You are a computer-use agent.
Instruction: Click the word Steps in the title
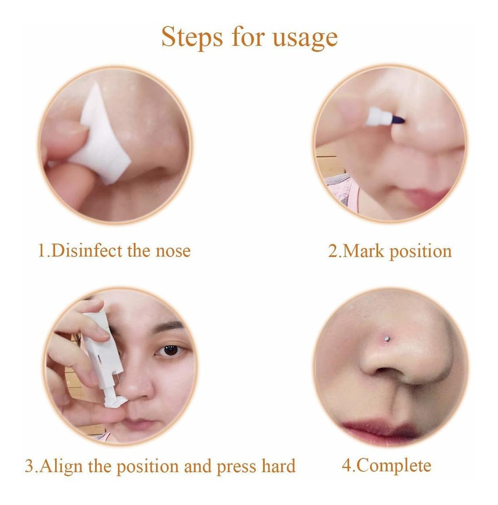192,37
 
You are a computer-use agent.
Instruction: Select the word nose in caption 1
173,252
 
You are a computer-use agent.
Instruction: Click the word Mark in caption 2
363,251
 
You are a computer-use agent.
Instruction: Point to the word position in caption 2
421,252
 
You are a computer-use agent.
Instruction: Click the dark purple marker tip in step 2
397,120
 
